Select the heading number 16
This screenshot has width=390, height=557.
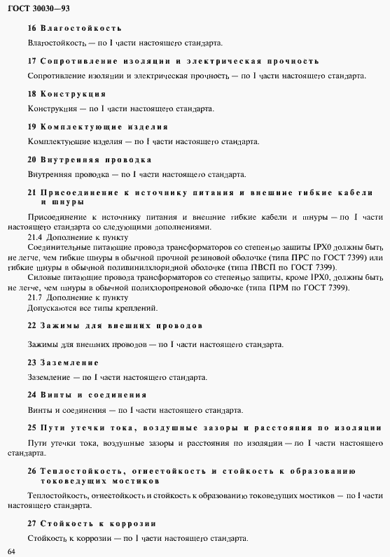[32, 28]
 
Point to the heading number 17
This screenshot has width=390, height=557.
[32, 61]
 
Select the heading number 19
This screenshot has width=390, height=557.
[32, 127]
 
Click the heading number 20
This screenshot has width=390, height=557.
[32, 160]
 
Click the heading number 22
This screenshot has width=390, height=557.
[32, 325]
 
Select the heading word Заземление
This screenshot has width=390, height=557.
[70, 362]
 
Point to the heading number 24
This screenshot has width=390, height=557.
[32, 395]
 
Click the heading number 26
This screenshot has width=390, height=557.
[32, 470]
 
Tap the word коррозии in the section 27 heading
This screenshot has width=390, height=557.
[132, 523]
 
